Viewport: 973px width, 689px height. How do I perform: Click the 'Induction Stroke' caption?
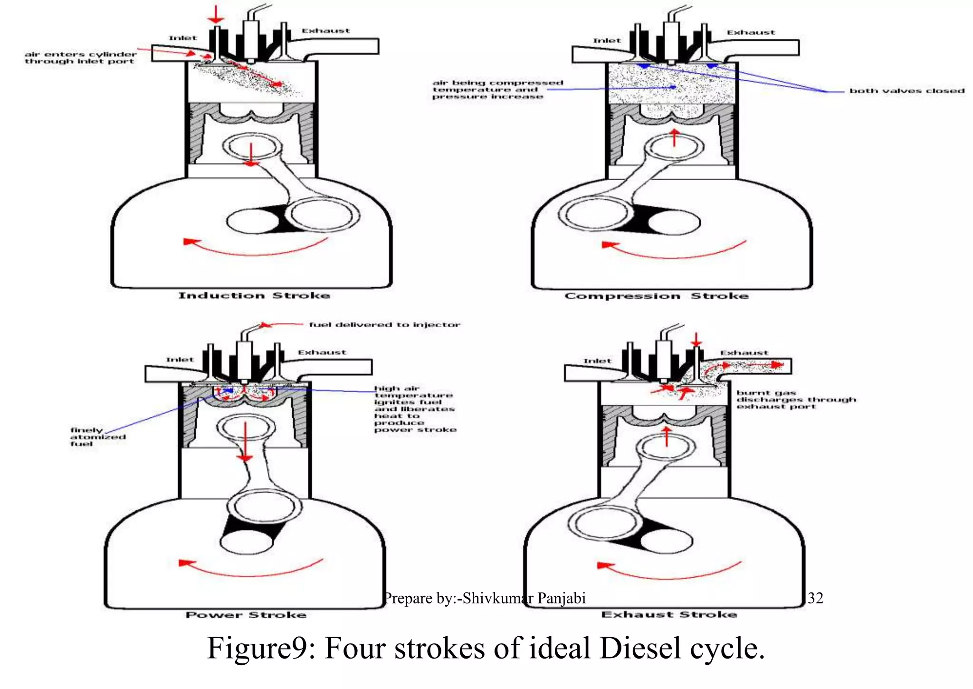click(254, 296)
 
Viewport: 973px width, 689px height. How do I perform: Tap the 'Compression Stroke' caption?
click(656, 296)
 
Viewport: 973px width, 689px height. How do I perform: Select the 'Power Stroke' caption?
click(246, 615)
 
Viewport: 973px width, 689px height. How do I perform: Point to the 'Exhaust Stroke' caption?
click(669, 614)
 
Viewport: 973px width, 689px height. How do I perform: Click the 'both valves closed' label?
click(906, 91)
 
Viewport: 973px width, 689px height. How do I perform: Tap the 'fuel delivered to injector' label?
click(384, 325)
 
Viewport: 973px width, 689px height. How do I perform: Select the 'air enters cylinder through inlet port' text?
click(80, 58)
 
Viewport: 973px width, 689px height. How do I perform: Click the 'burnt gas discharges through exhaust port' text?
click(795, 399)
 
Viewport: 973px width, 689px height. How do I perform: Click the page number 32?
click(815, 598)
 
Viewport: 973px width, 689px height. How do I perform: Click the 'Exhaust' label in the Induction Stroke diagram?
click(326, 31)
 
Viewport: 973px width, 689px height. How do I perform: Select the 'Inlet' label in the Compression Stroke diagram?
click(607, 41)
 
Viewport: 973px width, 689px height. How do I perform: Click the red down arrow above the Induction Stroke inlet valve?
click(216, 14)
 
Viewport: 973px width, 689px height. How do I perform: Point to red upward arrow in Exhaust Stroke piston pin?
click(667, 436)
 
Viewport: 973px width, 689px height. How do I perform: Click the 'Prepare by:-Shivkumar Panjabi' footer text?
click(485, 598)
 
